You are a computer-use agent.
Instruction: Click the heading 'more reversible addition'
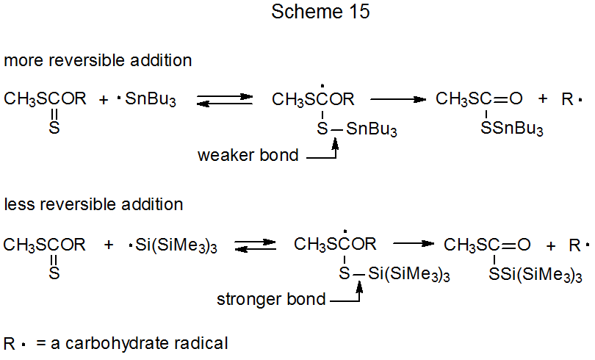pyautogui.click(x=98, y=61)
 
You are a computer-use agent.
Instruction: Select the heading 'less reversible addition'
pyautogui.click(x=93, y=204)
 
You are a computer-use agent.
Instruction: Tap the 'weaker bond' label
pyautogui.click(x=248, y=156)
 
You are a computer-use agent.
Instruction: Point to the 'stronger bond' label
pyautogui.click(x=271, y=300)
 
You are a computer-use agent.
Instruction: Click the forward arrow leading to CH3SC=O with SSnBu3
pyautogui.click(x=397, y=98)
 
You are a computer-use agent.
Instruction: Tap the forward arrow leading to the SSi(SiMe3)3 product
pyautogui.click(x=416, y=243)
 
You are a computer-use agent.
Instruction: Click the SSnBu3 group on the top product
pyautogui.click(x=512, y=130)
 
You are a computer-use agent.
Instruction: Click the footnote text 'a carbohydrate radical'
pyautogui.click(x=140, y=342)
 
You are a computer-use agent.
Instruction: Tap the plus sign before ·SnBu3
pyautogui.click(x=104, y=99)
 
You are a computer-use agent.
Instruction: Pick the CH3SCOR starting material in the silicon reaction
pyautogui.click(x=44, y=245)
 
